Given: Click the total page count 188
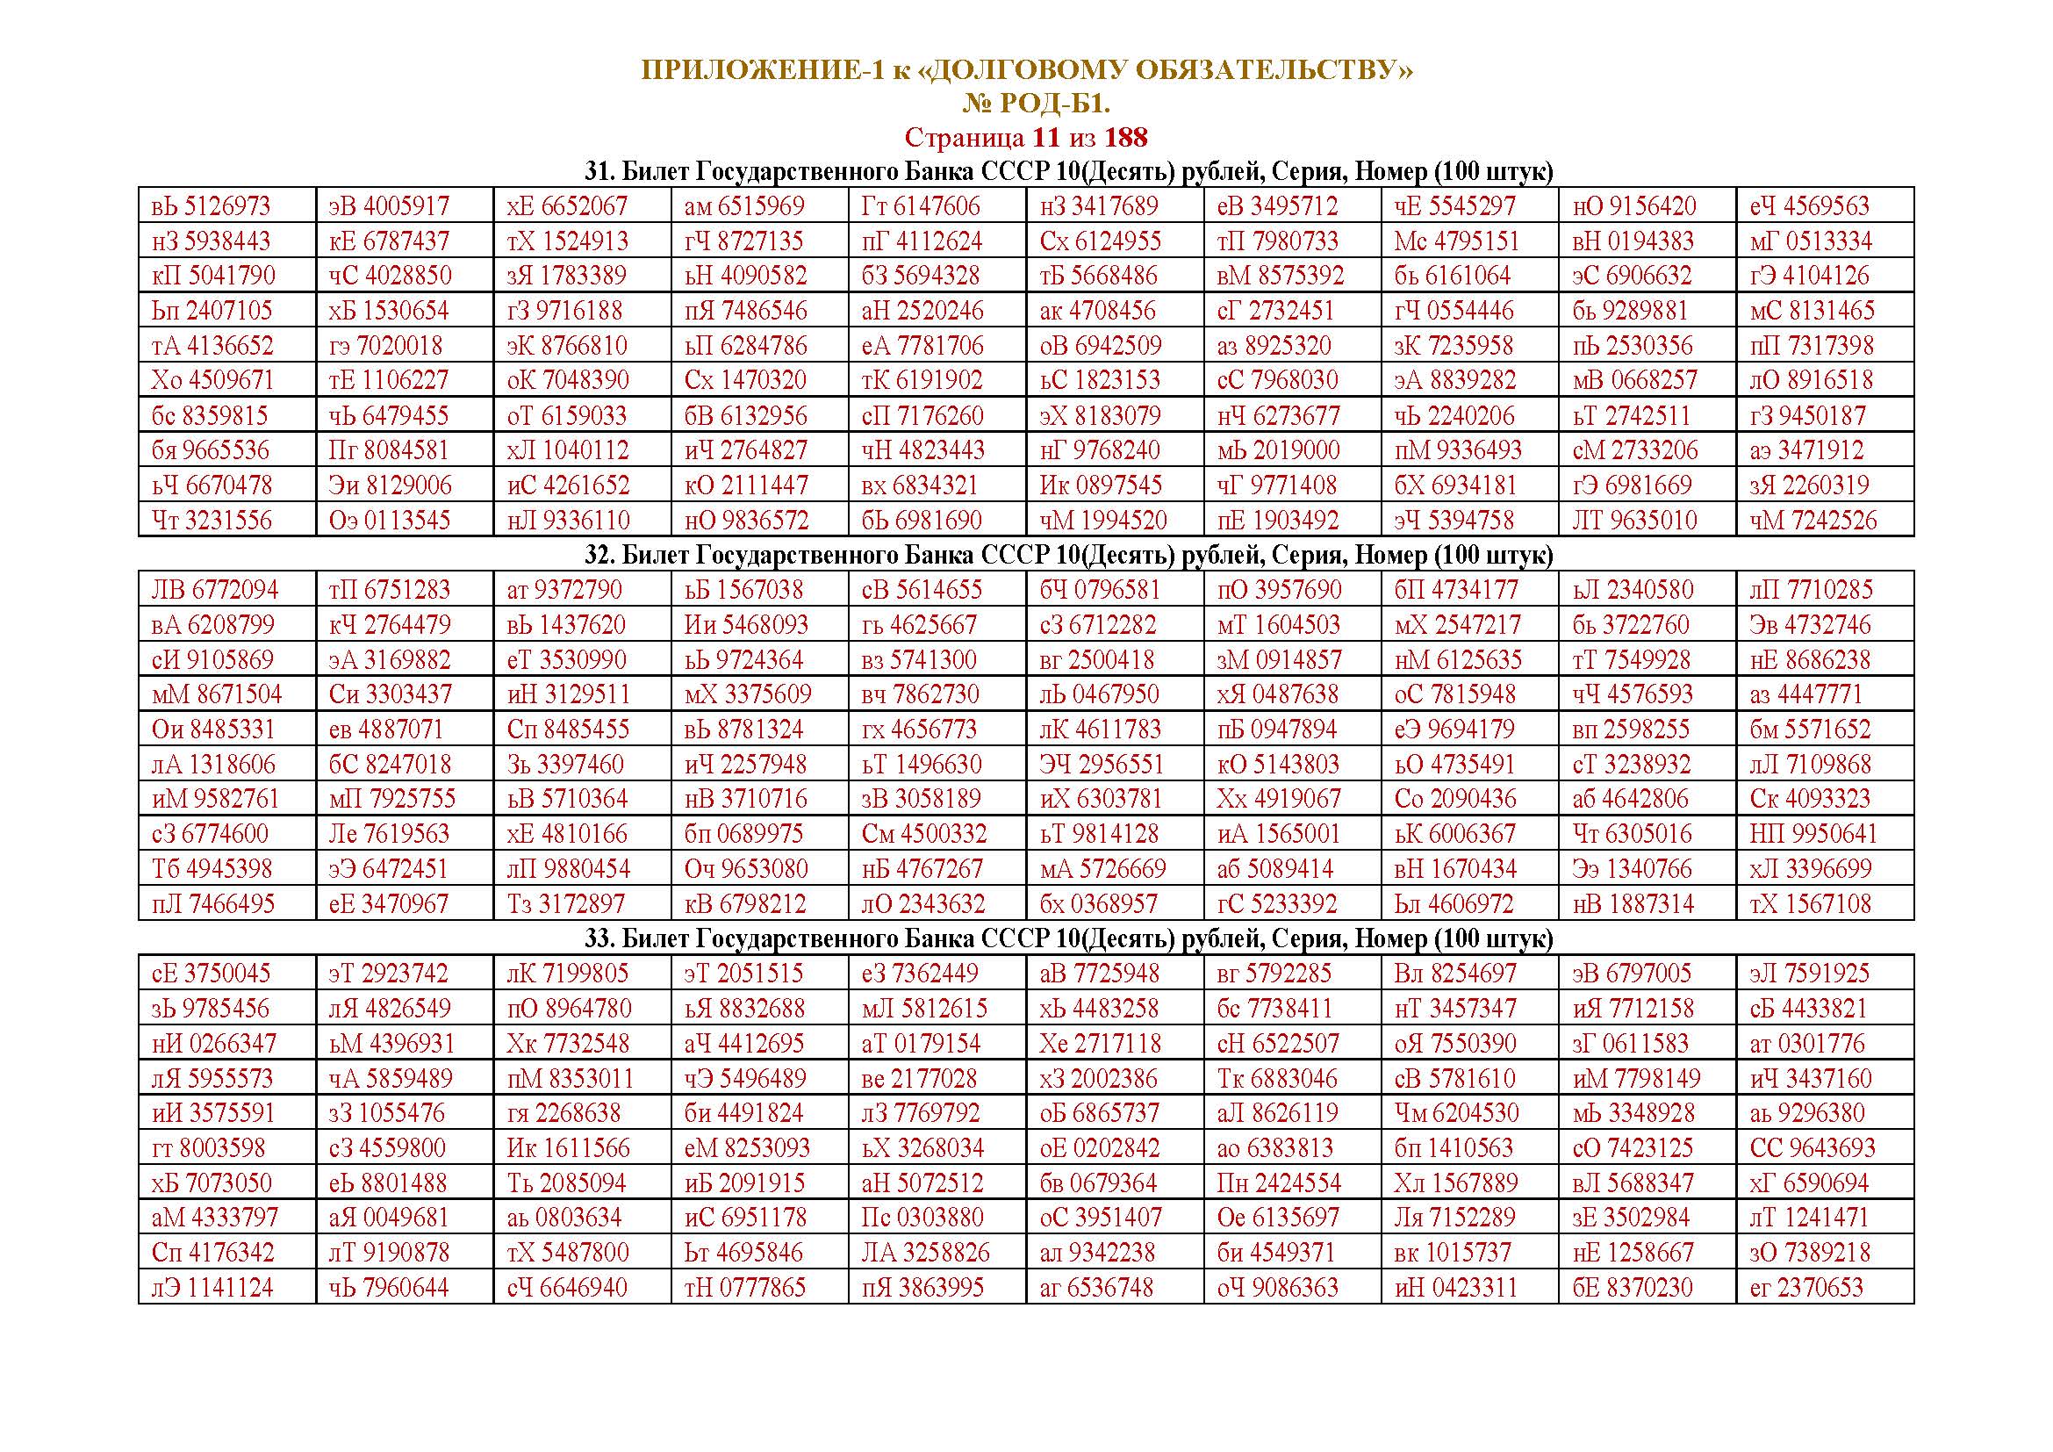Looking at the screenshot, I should pyautogui.click(x=1126, y=138).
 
